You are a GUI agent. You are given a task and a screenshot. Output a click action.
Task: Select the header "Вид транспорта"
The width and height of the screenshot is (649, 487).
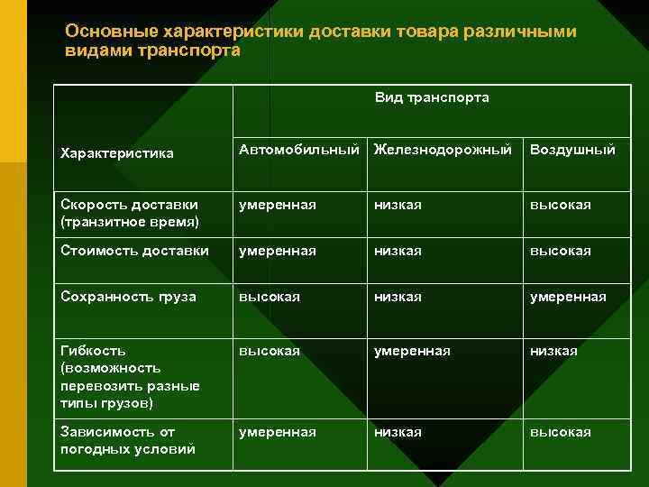tap(432, 97)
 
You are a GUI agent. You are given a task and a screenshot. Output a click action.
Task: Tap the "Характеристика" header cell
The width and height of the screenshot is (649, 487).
tap(116, 153)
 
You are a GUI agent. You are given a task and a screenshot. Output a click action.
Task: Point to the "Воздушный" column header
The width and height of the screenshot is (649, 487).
tap(572, 150)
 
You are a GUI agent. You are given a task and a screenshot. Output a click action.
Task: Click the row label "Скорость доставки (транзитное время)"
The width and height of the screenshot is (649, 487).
tap(128, 213)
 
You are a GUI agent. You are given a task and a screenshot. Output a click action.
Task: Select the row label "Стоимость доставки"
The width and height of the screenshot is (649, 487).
tap(133, 251)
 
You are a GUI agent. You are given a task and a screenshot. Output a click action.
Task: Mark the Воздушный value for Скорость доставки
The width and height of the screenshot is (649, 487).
tap(560, 205)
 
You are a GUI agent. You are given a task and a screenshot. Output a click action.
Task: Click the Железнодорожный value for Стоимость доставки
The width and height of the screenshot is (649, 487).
tap(398, 251)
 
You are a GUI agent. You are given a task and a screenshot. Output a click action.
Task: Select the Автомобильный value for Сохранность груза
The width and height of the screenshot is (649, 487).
tap(269, 297)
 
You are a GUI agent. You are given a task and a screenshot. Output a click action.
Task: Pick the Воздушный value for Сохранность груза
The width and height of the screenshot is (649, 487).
tap(568, 297)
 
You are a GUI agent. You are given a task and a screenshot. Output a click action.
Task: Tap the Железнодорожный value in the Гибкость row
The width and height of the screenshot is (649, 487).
tap(412, 351)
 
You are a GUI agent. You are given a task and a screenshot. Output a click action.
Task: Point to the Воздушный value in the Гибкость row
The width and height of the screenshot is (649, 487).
tap(553, 351)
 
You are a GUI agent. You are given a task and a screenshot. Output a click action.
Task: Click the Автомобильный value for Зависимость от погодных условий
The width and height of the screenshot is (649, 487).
tap(277, 433)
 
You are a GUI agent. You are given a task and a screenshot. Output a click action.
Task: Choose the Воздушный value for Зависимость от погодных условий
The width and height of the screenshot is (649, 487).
tap(560, 433)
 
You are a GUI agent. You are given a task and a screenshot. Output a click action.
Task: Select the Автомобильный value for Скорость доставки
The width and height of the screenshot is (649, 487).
tap(277, 205)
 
